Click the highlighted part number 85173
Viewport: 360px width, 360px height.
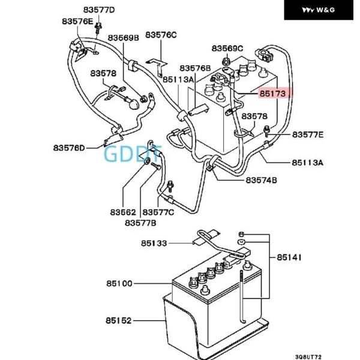point(273,94)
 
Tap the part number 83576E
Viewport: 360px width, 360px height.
point(77,21)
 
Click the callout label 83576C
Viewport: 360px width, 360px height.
point(161,35)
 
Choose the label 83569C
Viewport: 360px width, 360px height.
point(227,48)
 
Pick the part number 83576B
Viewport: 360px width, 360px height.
point(196,68)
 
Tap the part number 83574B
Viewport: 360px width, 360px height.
point(261,180)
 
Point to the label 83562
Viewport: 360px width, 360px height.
point(123,212)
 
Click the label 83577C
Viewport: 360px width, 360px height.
point(158,212)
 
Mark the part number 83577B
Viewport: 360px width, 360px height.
point(140,223)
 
